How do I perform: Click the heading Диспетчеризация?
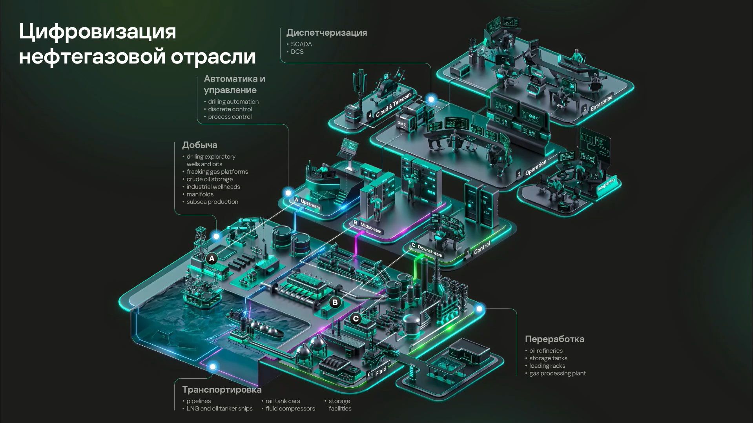point(326,33)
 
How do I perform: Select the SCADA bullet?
point(301,44)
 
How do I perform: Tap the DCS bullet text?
point(297,52)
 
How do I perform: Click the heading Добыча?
point(199,145)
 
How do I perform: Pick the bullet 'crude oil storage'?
point(210,179)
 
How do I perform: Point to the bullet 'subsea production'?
point(212,202)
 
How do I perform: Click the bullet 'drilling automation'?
point(233,102)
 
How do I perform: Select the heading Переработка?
point(554,339)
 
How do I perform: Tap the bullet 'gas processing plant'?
point(557,374)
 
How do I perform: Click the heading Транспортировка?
point(222,390)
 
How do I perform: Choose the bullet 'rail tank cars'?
point(283,401)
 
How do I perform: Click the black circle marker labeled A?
point(212,258)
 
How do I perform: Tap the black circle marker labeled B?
point(335,302)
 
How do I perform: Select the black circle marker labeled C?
point(356,319)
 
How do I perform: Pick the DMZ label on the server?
point(401,124)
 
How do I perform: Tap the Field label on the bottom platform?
point(381,371)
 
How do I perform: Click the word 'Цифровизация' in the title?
point(97,31)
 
